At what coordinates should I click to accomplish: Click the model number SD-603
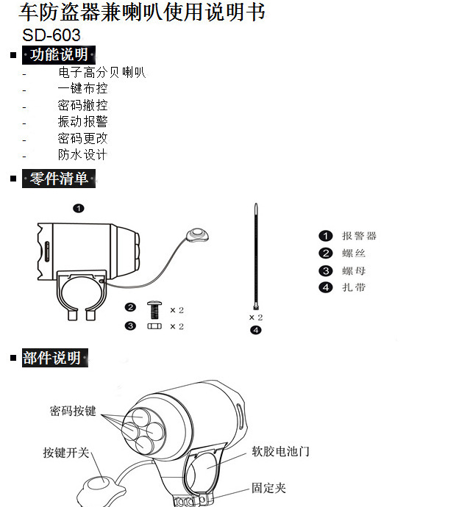(51, 35)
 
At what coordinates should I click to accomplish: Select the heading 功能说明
(59, 54)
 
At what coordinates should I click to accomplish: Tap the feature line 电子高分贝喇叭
(101, 72)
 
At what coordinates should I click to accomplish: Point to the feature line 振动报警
(82, 121)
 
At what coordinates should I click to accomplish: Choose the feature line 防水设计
(82, 154)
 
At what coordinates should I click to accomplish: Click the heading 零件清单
(59, 179)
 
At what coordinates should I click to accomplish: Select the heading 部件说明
(55, 358)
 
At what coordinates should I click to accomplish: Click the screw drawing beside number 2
(154, 309)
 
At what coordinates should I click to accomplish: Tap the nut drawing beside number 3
(154, 326)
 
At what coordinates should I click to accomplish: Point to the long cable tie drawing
(256, 256)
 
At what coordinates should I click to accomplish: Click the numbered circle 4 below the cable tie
(256, 330)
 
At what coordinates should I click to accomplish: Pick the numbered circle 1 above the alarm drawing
(79, 209)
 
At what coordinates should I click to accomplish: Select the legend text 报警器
(359, 236)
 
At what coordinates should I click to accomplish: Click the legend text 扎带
(354, 287)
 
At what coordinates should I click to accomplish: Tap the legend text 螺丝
(354, 253)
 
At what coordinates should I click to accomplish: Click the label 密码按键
(73, 411)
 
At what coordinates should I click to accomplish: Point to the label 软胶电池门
(281, 451)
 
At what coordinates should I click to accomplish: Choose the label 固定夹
(269, 488)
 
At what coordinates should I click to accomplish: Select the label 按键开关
(66, 453)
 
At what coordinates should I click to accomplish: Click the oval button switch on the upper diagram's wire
(197, 234)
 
